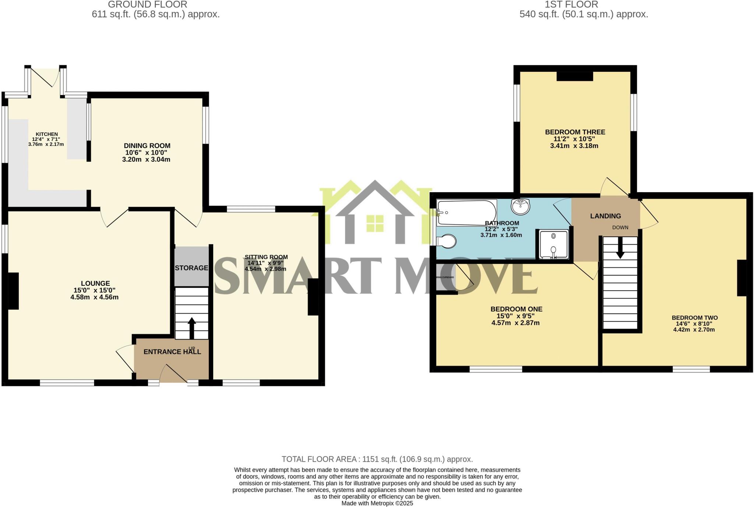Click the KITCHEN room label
tap(46, 134)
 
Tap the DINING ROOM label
tap(147, 146)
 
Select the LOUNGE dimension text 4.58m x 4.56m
tap(95, 297)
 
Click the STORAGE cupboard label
tap(191, 268)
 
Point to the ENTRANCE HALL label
tap(172, 352)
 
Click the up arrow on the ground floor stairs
tap(191, 327)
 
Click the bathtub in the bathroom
tap(466, 212)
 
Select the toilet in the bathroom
tap(447, 242)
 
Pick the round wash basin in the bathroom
tap(520, 206)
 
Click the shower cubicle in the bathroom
tap(553, 244)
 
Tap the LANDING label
tap(605, 216)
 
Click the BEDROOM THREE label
tap(575, 132)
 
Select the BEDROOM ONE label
tap(516, 309)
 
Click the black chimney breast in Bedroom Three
tap(575, 76)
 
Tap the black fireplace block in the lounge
tap(13, 291)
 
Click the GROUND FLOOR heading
tap(148, 5)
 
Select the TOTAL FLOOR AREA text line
tap(377, 459)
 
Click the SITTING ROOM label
tap(266, 257)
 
